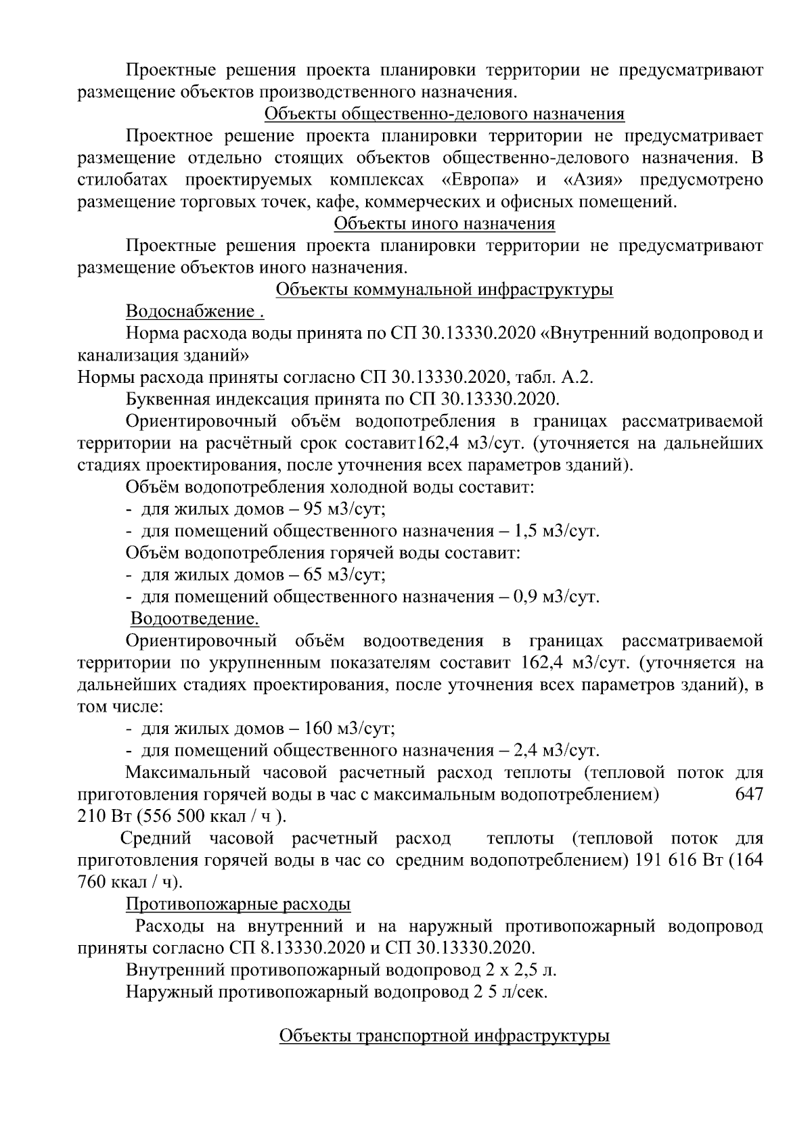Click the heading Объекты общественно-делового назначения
444,114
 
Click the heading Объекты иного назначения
445,224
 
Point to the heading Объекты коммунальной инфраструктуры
445,290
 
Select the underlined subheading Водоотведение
194,619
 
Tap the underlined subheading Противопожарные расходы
238,904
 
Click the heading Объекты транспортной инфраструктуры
445,1036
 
